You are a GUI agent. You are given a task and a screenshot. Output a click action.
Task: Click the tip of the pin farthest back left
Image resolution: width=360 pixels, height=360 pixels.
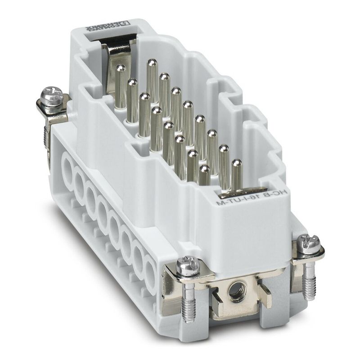point(121,68)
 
